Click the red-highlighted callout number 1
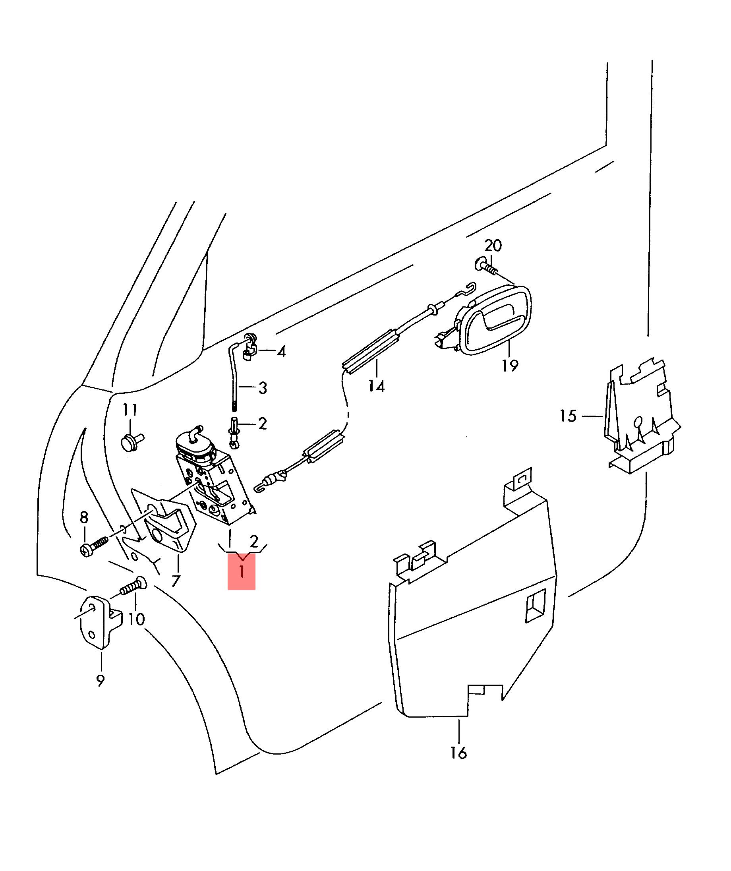click(241, 573)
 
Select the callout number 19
click(510, 366)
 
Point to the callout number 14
click(377, 387)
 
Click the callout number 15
click(568, 416)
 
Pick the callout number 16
click(459, 752)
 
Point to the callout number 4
click(282, 352)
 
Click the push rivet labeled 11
click(132, 441)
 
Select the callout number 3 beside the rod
click(263, 388)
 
